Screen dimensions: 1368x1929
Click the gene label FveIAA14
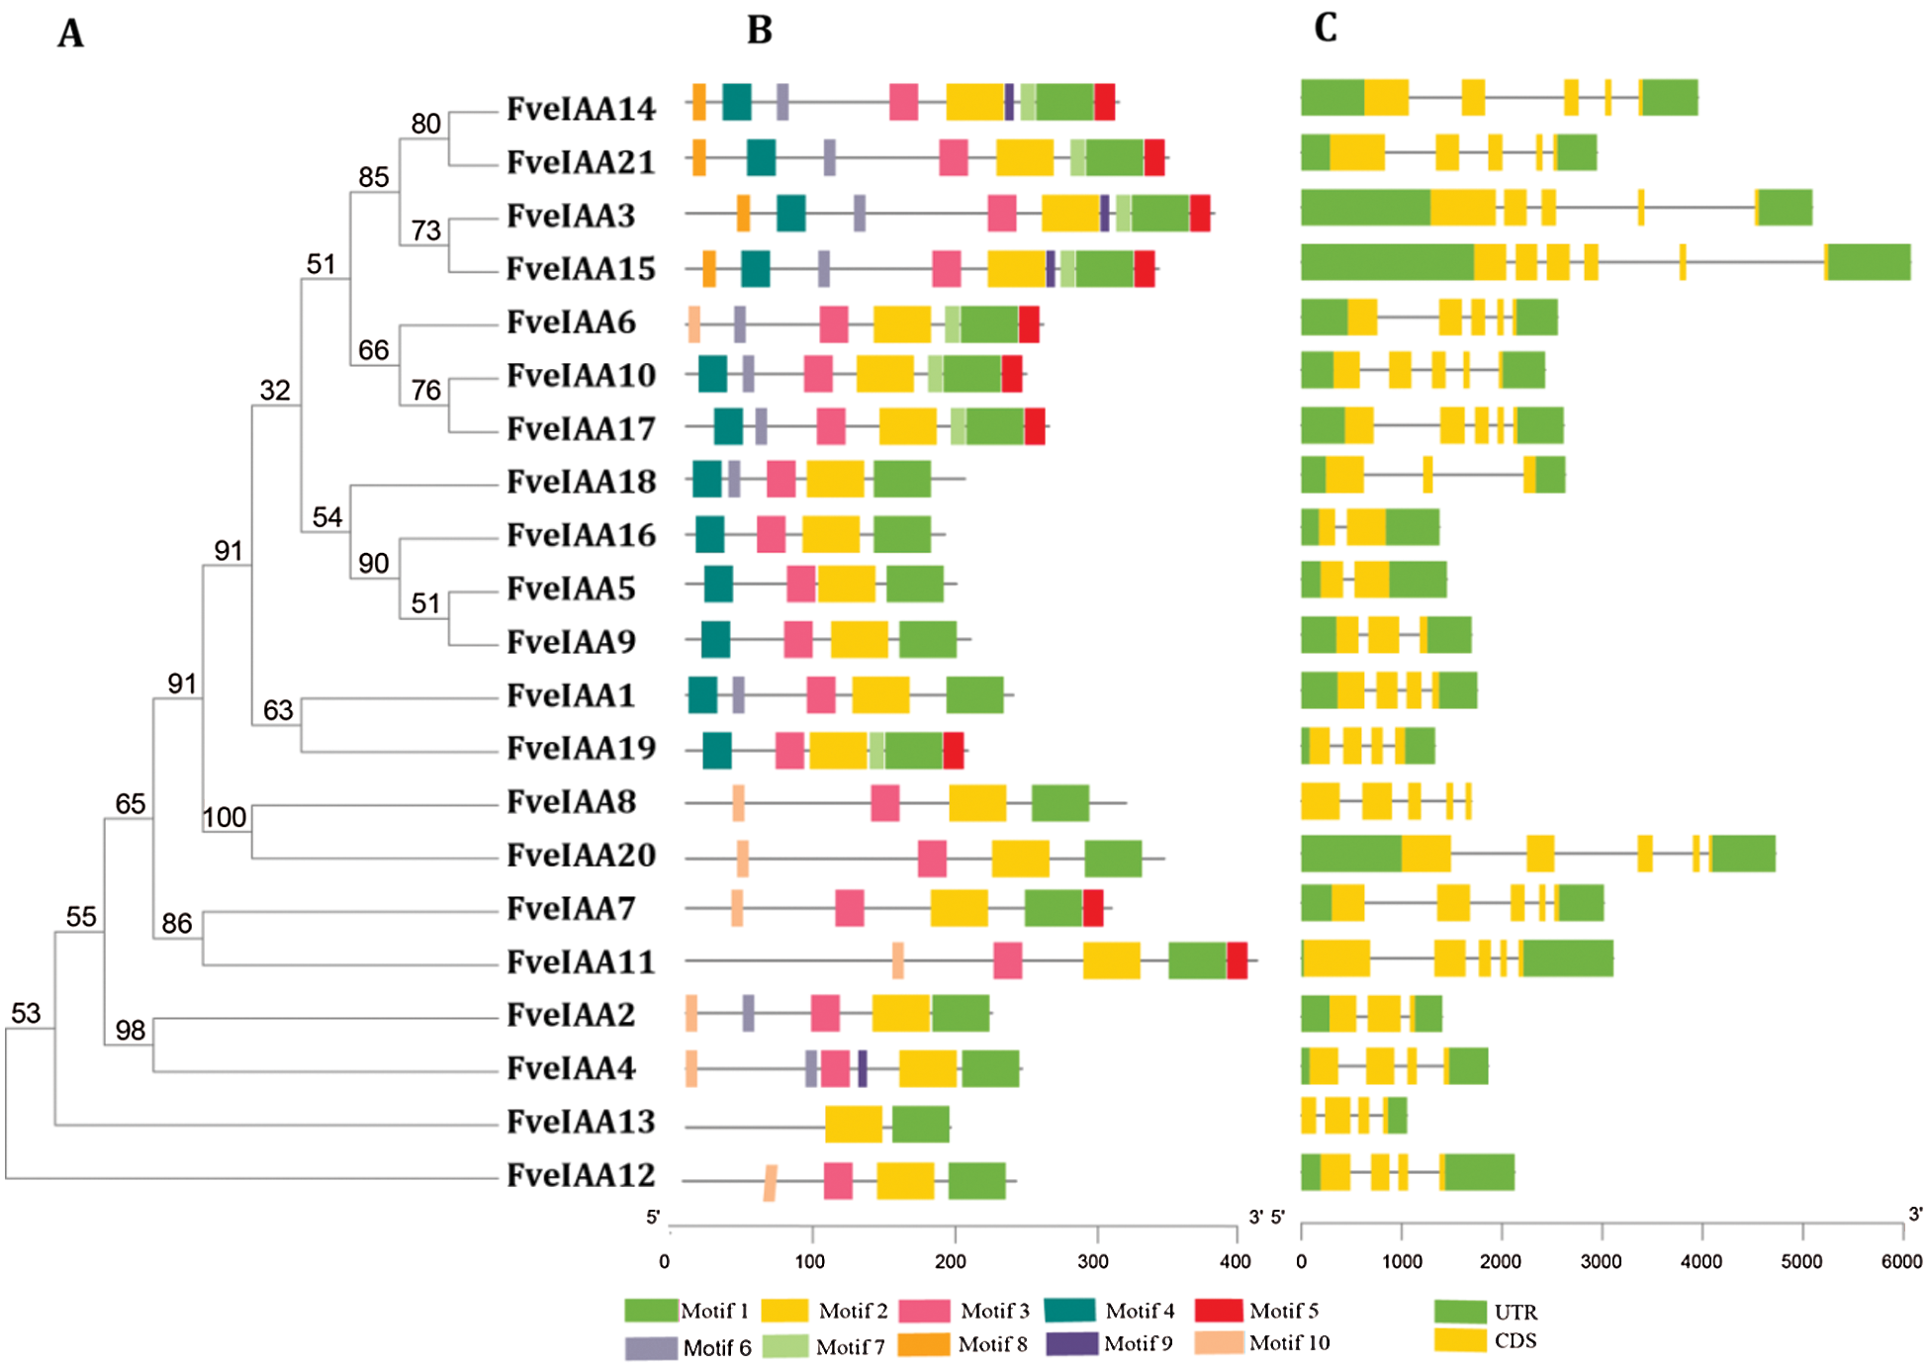(581, 108)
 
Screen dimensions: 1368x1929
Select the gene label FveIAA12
(581, 1175)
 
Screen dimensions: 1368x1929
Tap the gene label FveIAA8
(571, 801)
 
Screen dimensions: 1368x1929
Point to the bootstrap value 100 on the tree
(225, 817)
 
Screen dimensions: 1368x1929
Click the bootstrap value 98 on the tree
(131, 1031)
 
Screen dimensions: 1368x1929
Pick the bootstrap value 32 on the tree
(275, 391)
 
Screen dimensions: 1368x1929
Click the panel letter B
(759, 31)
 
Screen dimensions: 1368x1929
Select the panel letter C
(1326, 28)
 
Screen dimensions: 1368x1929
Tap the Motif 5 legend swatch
(1218, 1311)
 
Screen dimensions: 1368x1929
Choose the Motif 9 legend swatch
(1072, 1343)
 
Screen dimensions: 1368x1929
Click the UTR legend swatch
(1460, 1312)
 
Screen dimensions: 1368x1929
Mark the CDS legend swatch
(1460, 1340)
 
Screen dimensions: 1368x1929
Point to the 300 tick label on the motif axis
(1093, 1261)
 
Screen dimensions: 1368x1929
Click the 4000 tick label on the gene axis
(1701, 1261)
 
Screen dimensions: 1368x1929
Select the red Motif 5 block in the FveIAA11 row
(1237, 960)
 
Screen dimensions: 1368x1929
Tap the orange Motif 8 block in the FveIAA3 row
(743, 214)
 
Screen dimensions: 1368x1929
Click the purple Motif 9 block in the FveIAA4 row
(863, 1068)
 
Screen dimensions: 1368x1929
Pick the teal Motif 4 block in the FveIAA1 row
(702, 694)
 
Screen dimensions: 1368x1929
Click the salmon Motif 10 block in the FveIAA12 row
(770, 1182)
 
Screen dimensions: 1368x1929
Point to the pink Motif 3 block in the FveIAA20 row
(932, 858)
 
